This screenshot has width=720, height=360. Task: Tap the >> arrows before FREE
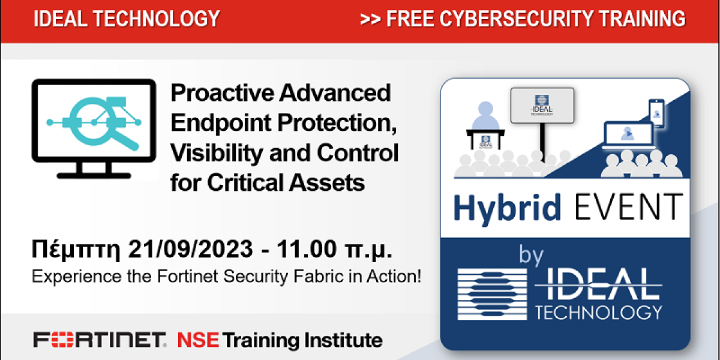coord(371,19)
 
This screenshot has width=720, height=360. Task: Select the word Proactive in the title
coord(222,93)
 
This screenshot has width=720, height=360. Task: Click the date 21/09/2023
coord(190,249)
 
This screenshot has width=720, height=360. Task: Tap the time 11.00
coord(307,249)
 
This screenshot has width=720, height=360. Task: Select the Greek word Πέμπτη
coord(76,250)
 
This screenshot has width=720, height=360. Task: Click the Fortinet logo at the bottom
coord(100,340)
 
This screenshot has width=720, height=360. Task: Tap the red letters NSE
coord(198,340)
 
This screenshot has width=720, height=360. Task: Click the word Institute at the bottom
coord(343,340)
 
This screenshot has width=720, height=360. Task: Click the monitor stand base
coord(94,175)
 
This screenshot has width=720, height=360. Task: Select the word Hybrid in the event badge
coord(507,208)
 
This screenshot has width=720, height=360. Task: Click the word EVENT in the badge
coord(629,207)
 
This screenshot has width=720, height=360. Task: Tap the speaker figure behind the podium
coord(485,116)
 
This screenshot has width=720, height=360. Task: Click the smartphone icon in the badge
coord(656,113)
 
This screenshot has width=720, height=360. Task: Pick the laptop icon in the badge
coord(628,135)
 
